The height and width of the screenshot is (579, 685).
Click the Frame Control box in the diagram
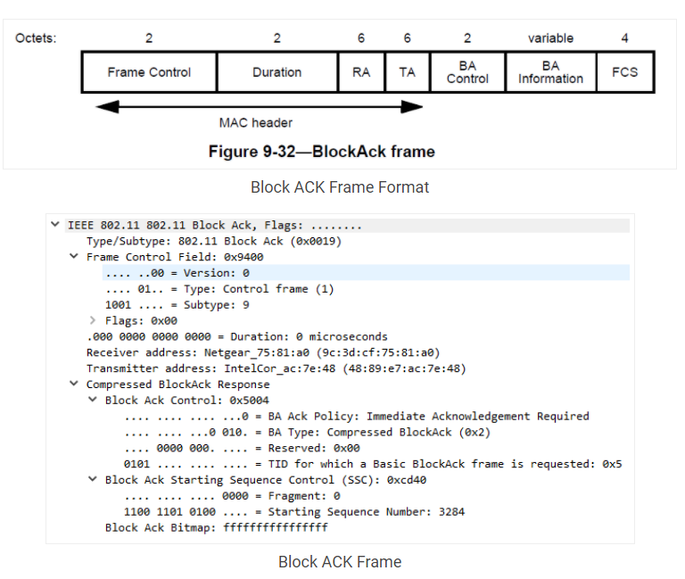(149, 72)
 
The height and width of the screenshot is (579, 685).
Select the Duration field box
(276, 72)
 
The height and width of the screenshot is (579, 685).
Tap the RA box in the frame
(360, 72)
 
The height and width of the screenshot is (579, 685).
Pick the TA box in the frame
(407, 72)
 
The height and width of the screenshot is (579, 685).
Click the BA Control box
(467, 72)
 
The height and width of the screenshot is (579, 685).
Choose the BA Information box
(550, 72)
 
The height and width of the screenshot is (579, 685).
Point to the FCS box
(624, 72)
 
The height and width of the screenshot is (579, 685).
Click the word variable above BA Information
(550, 38)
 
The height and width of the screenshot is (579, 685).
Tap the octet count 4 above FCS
(624, 38)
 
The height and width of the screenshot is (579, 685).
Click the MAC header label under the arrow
(256, 123)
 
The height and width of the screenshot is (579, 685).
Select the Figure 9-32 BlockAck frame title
(321, 152)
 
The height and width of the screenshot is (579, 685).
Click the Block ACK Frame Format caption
(340, 187)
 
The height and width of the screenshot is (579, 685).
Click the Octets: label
(36, 38)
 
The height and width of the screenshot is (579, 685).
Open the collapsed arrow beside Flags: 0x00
(92, 321)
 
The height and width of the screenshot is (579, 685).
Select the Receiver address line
(262, 353)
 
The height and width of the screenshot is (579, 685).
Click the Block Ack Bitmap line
(216, 528)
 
